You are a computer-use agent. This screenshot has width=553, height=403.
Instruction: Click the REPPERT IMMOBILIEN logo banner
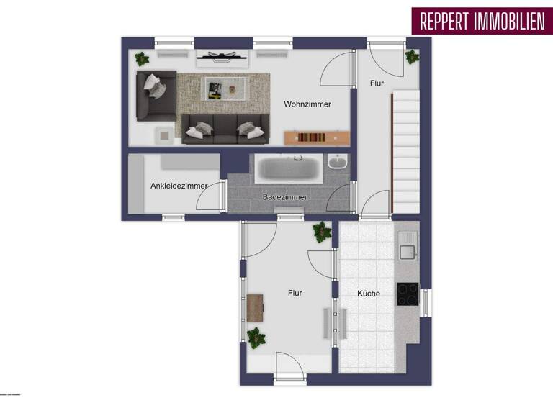pos(479,22)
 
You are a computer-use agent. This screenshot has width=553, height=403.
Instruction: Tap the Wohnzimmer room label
pos(307,104)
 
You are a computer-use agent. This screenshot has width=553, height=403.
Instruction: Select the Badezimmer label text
pos(285,197)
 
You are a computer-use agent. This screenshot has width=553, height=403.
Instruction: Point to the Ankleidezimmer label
pos(179,186)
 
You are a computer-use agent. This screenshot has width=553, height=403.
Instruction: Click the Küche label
pos(369,294)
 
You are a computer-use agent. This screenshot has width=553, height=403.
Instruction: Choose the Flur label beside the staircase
pos(377,83)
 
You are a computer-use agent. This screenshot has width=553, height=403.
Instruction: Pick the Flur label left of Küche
pos(295,294)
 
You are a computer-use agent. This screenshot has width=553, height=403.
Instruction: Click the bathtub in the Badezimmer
pos(288,170)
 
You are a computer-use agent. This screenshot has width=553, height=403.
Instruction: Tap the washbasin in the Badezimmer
pos(337,163)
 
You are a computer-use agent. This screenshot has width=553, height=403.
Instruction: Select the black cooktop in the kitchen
pos(408,294)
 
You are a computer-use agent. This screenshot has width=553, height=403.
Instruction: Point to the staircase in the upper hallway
pos(405,151)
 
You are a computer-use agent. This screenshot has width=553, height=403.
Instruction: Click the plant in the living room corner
pos(142,59)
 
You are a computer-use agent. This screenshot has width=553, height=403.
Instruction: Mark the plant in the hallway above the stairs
pos(412,56)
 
